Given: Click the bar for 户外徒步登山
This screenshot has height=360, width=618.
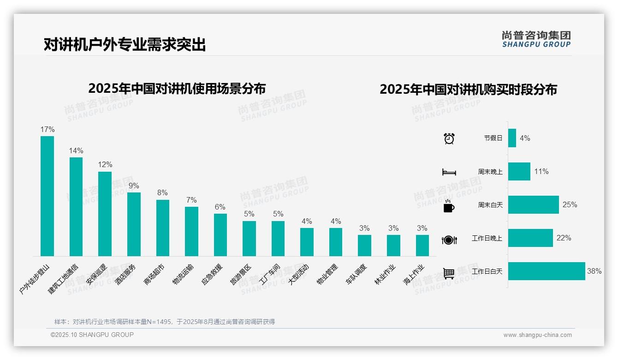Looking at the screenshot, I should pos(47,196).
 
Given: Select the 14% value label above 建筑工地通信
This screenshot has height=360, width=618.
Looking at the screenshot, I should pos(76,151).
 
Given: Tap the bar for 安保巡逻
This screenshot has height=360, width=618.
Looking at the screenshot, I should pos(105,214).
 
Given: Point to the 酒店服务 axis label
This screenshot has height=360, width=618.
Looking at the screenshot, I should pos(126,276).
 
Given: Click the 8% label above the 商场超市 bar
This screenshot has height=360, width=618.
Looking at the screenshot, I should pos(162,193).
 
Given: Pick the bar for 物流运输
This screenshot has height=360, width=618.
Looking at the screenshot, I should pos(191,231).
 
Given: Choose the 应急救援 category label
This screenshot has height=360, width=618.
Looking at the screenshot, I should pos(213,275).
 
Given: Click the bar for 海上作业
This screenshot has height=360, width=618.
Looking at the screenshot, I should pos(422,245).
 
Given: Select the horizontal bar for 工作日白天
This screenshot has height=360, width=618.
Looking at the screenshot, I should pos(547,271).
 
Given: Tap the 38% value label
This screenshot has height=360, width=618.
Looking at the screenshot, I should pos(594,271).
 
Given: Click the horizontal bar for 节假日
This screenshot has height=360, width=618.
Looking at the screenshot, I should pos(512,138).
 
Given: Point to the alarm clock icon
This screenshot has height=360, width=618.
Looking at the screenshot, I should pos(449,138).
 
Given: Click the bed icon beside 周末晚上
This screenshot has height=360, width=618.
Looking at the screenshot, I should pos(449,172).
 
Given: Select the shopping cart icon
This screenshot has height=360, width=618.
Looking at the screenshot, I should pos(449,273).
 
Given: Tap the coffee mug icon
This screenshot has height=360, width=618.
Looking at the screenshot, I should pos(449,206).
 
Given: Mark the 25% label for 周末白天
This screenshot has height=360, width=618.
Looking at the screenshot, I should pos(570,205).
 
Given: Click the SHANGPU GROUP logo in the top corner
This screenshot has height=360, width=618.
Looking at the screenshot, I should pos(536,39).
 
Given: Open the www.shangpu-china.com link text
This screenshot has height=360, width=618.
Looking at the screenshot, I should pos(537,335).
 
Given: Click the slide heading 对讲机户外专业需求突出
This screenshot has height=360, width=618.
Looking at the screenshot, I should pos(125,45).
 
